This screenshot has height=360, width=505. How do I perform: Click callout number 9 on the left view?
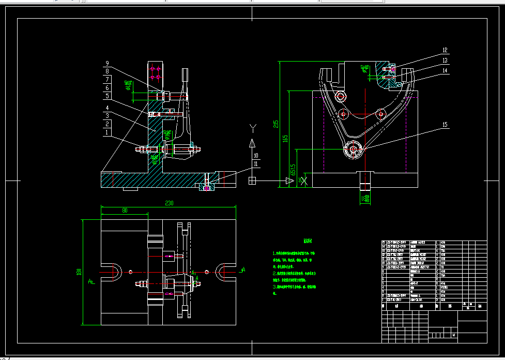[x=107, y=63]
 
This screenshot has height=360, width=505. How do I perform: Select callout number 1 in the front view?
[x=107, y=132]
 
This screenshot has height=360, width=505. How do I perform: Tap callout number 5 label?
[x=107, y=96]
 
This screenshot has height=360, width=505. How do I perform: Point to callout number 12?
[x=444, y=51]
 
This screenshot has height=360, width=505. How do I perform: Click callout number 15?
[x=444, y=124]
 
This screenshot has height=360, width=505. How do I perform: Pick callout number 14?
[x=444, y=70]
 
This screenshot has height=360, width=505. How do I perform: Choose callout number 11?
[x=255, y=164]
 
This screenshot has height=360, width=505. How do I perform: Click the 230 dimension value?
[x=168, y=204]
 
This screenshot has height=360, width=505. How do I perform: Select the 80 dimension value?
[x=125, y=210]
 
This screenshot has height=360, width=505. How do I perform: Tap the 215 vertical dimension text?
[x=276, y=124]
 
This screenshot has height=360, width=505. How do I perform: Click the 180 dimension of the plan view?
[x=79, y=272]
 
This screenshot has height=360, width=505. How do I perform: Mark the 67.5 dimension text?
[x=293, y=170]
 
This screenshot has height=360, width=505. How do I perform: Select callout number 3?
[x=107, y=115]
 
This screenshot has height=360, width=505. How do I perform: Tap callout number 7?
[x=107, y=79]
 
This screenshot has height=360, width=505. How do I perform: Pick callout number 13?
[x=444, y=61]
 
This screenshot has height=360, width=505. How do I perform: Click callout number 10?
[x=255, y=155]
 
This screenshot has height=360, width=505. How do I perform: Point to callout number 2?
[x=107, y=124]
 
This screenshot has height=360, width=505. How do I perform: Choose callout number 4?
[x=107, y=108]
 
